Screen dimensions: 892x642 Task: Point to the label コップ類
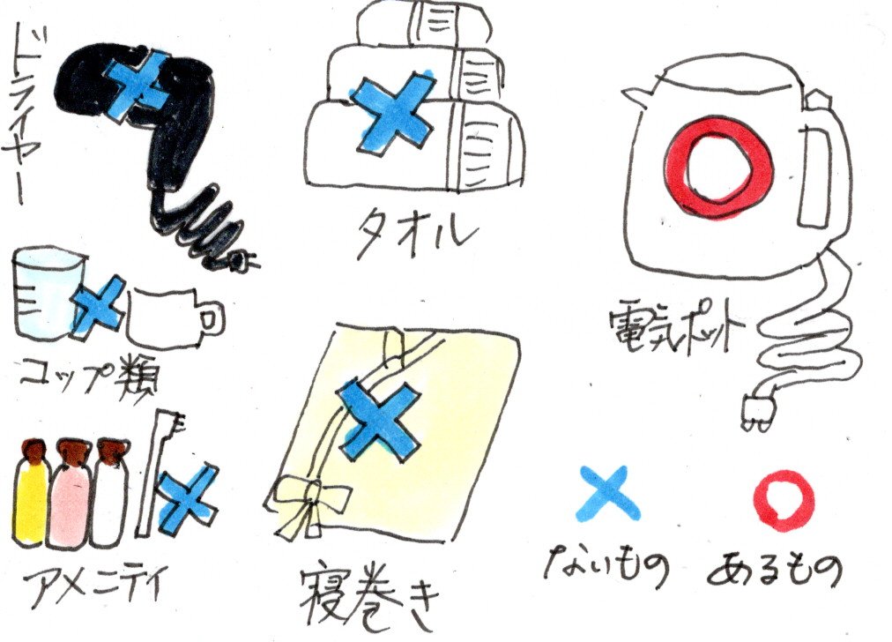click(88, 373)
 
